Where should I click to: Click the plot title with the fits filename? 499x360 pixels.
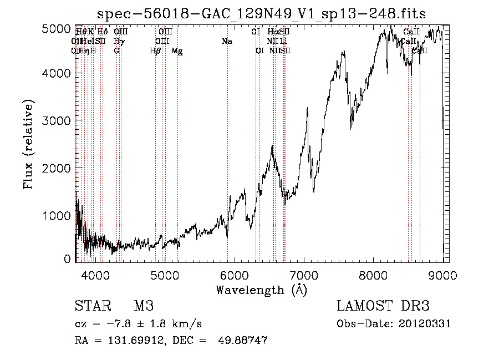click(261, 13)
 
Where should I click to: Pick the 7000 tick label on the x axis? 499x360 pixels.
click(304, 275)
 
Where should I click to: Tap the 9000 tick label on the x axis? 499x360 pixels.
click(443, 275)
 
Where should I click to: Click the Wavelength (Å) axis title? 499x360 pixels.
click(262, 290)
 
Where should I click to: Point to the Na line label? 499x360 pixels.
click(227, 42)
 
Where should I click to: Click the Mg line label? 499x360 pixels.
click(177, 51)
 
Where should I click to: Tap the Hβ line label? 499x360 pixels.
click(155, 51)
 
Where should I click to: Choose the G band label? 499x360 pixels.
click(116, 51)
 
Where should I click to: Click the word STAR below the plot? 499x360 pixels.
click(91, 306)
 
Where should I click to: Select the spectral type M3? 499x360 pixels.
click(144, 306)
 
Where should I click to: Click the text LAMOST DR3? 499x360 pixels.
click(383, 306)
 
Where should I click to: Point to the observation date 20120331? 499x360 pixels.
click(427, 324)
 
